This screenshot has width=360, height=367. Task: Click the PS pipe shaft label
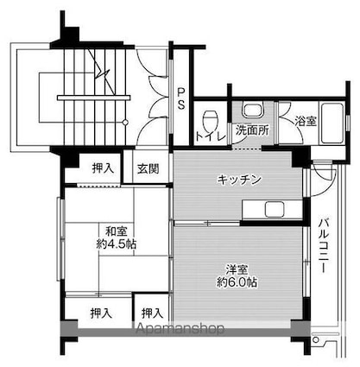point(181,98)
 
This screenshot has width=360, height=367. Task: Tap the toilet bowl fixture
point(211,121)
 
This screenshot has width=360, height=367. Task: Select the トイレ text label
point(211,136)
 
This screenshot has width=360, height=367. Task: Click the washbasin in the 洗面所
point(253,110)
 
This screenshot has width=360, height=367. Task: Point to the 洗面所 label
point(252,130)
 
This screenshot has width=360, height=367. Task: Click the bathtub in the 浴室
point(332,123)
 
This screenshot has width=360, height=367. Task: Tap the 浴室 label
point(306,121)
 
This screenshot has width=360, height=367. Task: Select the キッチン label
point(239,180)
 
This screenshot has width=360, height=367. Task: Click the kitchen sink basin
point(275,209)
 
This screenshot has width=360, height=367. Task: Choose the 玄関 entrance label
point(148,168)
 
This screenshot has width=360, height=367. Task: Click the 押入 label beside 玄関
point(103,168)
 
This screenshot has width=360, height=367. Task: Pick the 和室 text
point(116,231)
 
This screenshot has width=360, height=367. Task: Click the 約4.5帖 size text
point(117,244)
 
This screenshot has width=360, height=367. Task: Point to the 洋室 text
point(237,269)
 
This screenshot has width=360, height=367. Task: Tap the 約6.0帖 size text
point(237,282)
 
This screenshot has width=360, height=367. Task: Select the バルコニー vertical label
point(325,245)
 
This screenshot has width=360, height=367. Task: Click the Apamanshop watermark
point(180,328)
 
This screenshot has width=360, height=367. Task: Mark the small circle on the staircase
point(125,123)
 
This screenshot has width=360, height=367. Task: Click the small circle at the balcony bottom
point(316,340)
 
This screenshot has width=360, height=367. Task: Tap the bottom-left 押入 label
point(101,313)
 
